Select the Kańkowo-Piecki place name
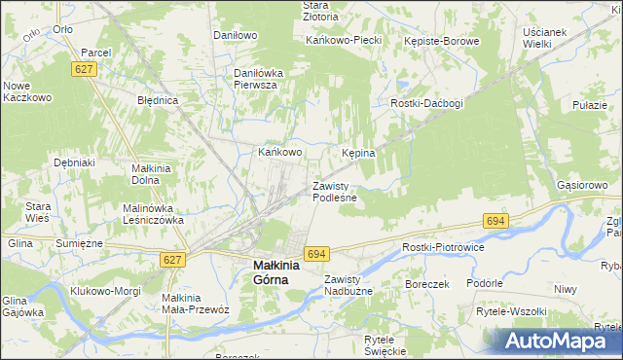point(342,41)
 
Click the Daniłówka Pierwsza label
point(256,79)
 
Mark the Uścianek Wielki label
point(544,38)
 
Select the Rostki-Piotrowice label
point(443,247)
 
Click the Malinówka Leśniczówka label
point(153,214)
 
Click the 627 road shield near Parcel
point(83,68)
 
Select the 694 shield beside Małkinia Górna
point(314,254)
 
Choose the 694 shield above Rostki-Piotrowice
point(495,222)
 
